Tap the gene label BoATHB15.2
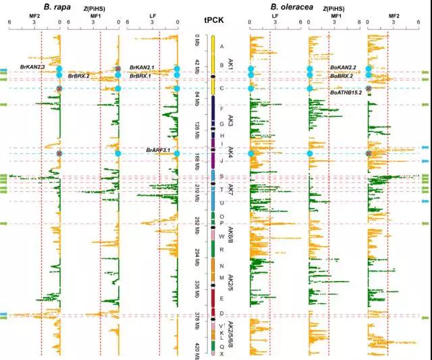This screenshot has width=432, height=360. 346,93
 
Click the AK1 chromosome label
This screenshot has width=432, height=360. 230,65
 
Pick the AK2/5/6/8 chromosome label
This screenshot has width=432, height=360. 230,332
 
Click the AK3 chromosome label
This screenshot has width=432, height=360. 230,121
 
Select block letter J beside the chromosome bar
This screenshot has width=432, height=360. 221,161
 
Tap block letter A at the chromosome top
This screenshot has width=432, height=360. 221,46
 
